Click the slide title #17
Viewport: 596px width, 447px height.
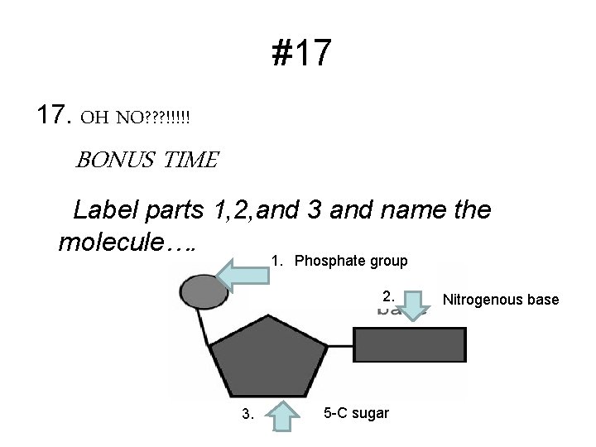click(x=301, y=54)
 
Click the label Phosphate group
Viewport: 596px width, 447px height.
click(x=351, y=262)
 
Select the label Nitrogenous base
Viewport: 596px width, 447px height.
click(x=501, y=300)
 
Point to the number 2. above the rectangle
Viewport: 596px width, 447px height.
click(x=388, y=296)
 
